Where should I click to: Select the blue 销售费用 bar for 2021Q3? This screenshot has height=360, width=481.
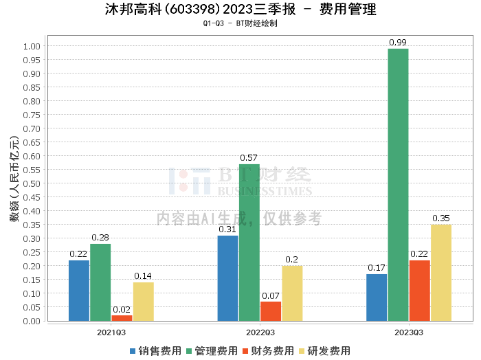point(79,291)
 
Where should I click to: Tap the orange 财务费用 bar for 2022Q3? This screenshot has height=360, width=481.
point(271,311)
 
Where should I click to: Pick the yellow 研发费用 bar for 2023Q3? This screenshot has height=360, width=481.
point(441,273)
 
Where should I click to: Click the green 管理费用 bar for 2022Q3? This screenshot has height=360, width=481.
point(249,243)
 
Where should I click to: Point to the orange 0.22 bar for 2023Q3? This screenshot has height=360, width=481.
point(419,291)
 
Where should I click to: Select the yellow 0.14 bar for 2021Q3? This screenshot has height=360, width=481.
point(143,302)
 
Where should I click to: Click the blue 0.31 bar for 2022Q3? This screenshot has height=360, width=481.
point(227,278)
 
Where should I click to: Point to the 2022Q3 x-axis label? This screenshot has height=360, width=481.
point(260,333)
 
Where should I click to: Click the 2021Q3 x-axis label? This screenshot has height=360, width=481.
point(111,333)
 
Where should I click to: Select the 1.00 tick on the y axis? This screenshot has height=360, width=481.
point(32,46)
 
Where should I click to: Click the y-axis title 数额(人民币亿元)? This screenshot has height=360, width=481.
point(14,183)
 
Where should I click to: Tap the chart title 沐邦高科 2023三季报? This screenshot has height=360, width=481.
point(240,10)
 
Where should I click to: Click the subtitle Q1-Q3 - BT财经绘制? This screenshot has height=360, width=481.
point(240,23)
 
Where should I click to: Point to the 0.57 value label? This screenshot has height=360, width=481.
point(249,158)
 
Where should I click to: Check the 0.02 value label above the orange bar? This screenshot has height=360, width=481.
point(122,309)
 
